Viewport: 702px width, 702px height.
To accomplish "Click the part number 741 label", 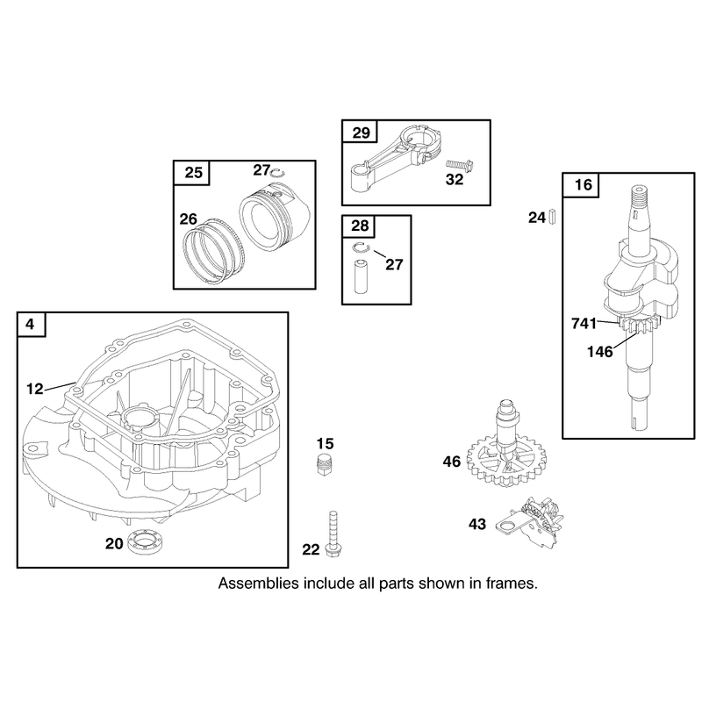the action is pos(584,323).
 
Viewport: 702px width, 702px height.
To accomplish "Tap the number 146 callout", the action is pos(600,352).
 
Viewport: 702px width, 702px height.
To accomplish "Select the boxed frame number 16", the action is pos(583,184).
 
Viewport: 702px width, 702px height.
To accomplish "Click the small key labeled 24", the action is pos(552,217).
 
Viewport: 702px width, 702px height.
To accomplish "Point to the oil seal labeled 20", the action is pos(145,542).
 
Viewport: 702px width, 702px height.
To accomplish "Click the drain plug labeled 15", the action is pos(324,465).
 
